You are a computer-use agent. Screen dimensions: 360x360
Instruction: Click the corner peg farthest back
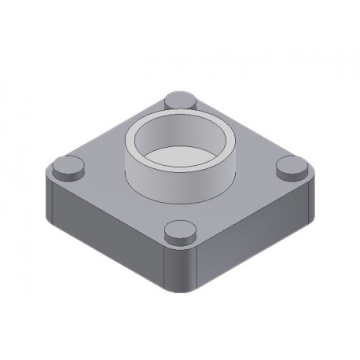(x=182, y=101)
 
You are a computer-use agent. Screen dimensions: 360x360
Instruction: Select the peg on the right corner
(x=294, y=167)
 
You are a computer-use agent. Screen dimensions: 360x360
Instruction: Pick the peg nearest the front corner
(x=180, y=233)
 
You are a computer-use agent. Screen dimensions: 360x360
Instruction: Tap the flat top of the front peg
(x=180, y=229)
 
